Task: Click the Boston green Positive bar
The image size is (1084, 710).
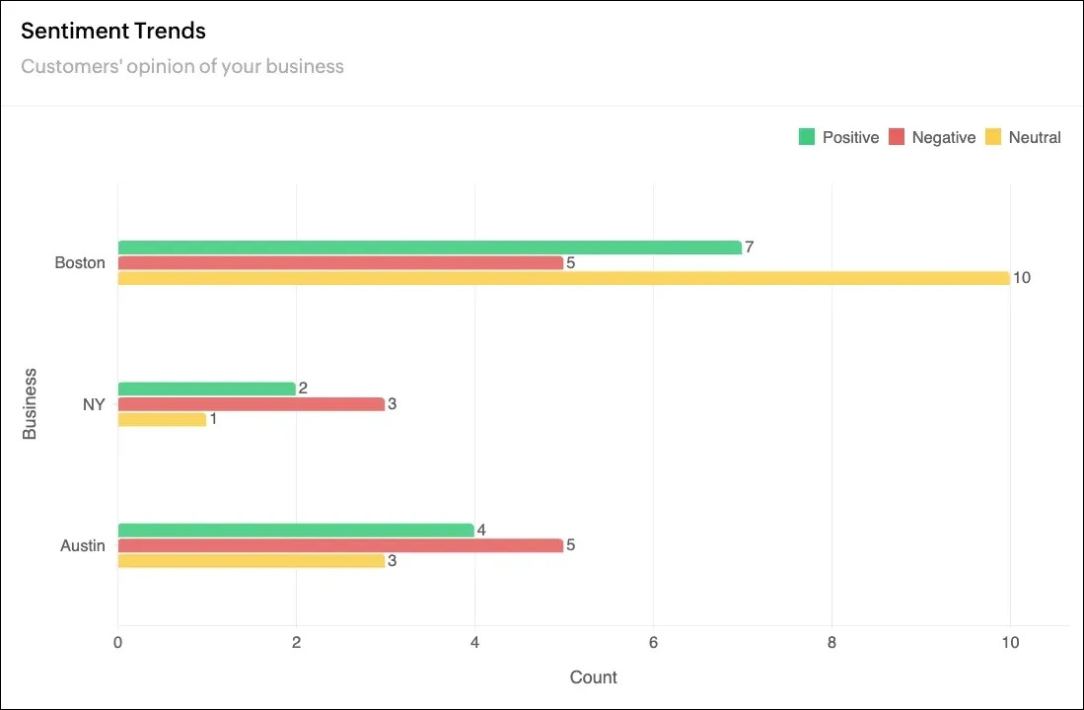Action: click(429, 248)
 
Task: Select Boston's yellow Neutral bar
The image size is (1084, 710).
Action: click(563, 278)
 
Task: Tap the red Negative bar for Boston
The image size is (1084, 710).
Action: click(340, 263)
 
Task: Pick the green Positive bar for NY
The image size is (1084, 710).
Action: click(206, 389)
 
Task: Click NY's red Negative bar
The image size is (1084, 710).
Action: click(251, 404)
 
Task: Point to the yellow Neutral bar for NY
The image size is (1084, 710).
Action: click(162, 420)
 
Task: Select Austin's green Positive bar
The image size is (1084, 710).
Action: click(295, 531)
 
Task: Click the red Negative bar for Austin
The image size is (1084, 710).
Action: click(340, 545)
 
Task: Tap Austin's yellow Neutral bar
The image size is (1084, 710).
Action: click(251, 561)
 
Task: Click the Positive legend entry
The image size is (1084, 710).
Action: click(838, 138)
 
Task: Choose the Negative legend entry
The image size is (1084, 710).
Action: click(932, 138)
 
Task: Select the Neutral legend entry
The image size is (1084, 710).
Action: click(1024, 138)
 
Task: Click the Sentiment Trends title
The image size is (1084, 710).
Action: click(113, 31)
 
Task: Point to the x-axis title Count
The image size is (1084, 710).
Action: click(594, 677)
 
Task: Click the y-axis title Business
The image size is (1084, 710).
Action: click(30, 403)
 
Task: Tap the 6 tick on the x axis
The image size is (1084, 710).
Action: click(653, 641)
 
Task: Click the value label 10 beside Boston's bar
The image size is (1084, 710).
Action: click(1022, 278)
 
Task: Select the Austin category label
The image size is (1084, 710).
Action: click(83, 545)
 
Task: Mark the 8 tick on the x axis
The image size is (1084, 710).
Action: click(831, 641)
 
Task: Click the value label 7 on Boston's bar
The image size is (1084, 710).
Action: click(750, 248)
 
